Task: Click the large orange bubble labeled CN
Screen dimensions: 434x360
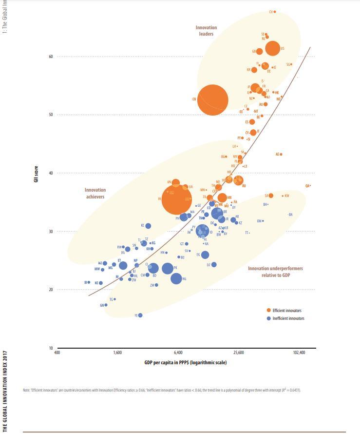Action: click(212, 99)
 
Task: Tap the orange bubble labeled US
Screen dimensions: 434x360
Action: click(273, 48)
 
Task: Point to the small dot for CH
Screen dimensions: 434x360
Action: click(275, 12)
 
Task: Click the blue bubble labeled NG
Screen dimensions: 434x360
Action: click(176, 278)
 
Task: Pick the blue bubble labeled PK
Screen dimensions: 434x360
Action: click(167, 268)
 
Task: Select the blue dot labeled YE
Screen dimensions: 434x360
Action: click(140, 316)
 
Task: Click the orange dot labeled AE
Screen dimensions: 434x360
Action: click(281, 154)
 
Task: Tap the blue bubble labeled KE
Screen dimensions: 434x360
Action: click(148, 226)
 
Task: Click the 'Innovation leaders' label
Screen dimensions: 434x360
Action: click(206, 31)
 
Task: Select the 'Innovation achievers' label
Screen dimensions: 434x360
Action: click(95, 193)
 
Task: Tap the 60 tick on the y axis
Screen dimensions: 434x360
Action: click(50, 57)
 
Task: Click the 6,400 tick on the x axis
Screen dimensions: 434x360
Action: click(178, 353)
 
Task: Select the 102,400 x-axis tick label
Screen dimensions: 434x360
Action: click(299, 353)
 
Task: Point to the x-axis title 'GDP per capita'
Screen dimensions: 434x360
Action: click(185, 362)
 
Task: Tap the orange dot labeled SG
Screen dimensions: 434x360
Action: click(291, 64)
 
